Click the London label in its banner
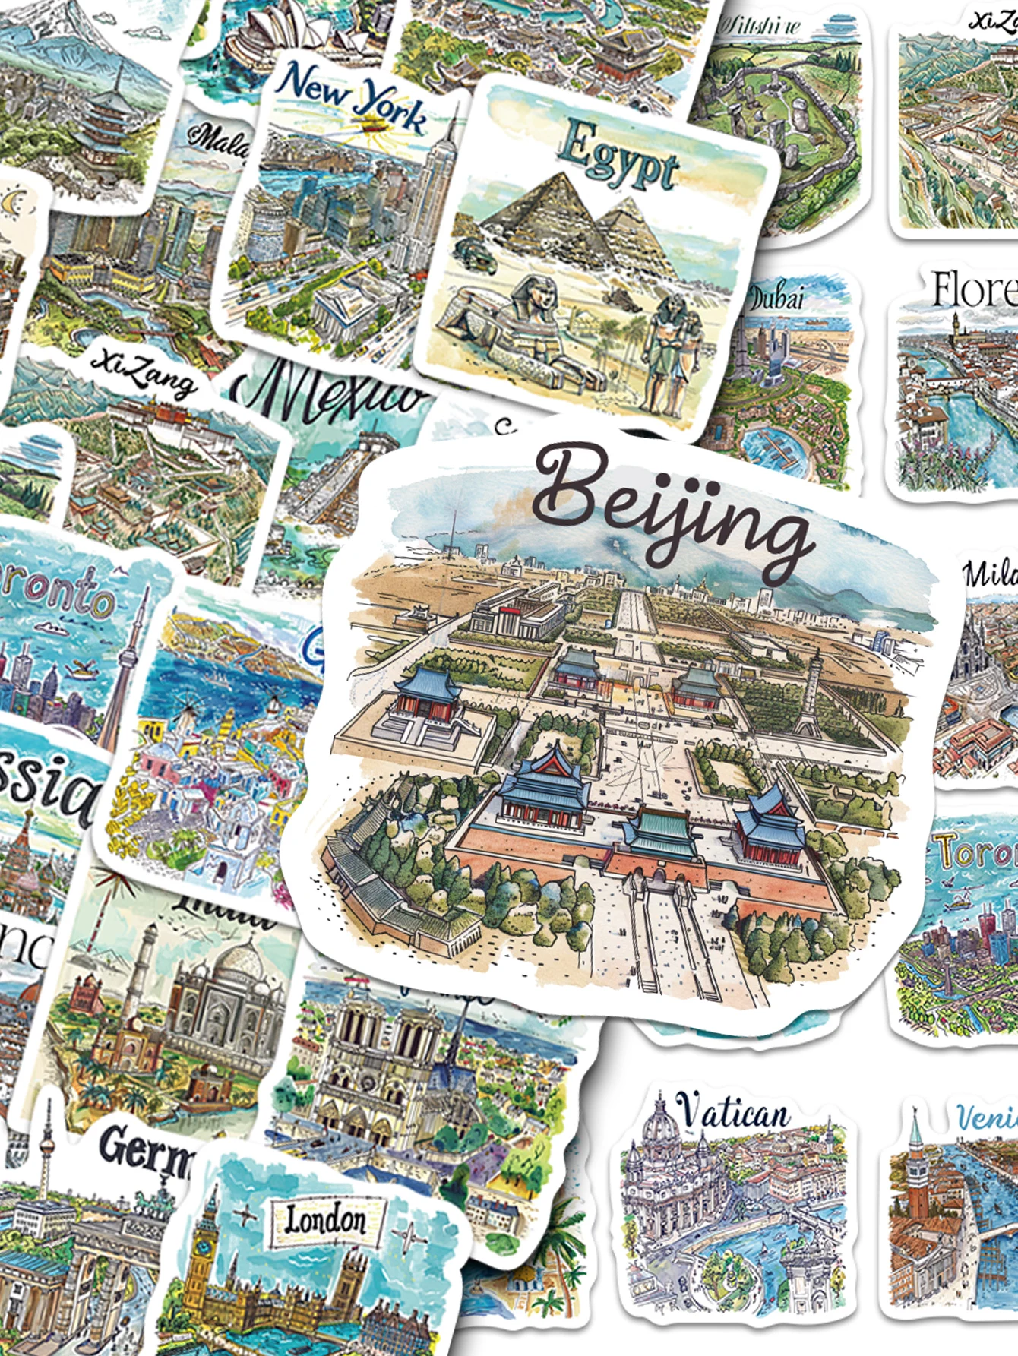coord(325,1221)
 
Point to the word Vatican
coord(733,1114)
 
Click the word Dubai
coord(776,297)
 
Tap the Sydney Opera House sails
coord(258,30)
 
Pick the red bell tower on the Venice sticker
coord(916,1185)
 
